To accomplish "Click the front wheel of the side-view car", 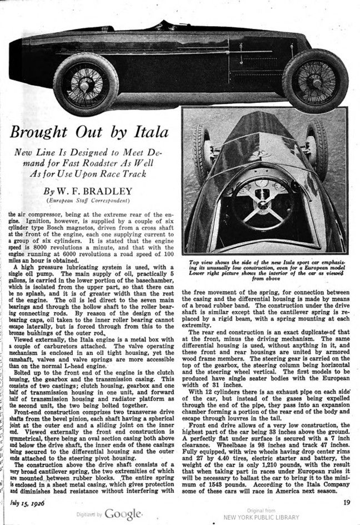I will (x=315, y=80).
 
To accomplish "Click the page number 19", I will (x=346, y=502).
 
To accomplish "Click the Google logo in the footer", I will (x=123, y=513).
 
